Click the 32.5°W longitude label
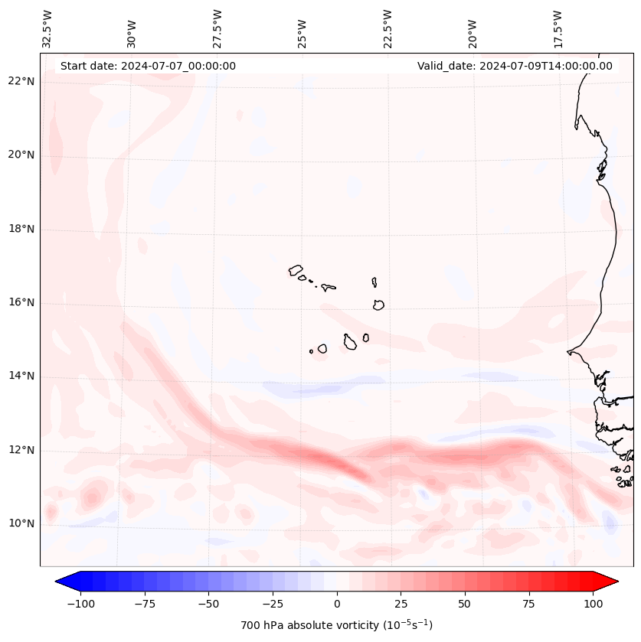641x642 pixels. point(47,28)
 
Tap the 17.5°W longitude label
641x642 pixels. point(558,28)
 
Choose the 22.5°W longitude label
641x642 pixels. point(388,28)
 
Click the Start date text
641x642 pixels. point(148,66)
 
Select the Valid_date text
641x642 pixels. point(515,66)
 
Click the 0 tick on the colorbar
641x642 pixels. point(336,604)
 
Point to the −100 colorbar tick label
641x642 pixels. point(80,604)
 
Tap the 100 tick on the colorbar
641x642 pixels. point(593,604)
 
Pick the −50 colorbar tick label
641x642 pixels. point(208,604)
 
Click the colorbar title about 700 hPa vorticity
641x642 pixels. point(336,625)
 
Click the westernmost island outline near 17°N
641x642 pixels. point(296,269)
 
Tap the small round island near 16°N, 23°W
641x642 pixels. point(378,305)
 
